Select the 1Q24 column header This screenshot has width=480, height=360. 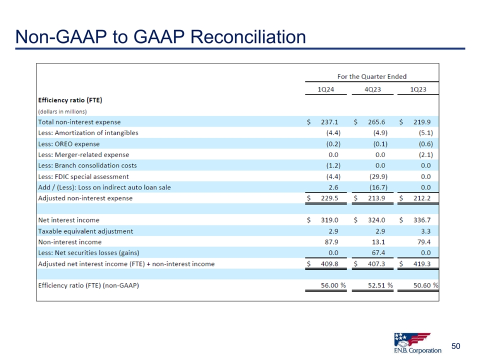pos(327,89)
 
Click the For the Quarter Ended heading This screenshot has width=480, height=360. pos(371,76)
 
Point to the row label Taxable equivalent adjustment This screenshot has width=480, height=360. pos(85,231)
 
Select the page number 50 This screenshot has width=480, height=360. pos(455,346)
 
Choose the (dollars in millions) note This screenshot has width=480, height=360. pos(62,111)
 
